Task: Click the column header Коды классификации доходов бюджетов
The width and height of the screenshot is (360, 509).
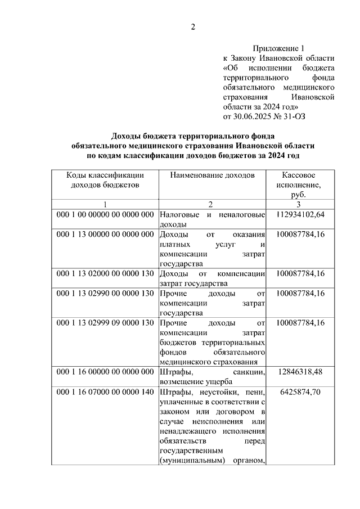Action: (x=105, y=180)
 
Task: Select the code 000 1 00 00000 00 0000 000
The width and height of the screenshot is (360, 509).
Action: (x=105, y=214)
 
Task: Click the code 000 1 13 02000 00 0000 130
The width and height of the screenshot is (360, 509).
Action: (x=105, y=274)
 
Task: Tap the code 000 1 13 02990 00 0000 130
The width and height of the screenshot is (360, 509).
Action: (x=105, y=293)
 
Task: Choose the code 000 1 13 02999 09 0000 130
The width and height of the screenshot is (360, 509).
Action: (x=105, y=323)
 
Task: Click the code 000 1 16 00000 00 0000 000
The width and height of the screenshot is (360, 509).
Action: (x=105, y=372)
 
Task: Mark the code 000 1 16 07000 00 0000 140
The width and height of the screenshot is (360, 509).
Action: (x=105, y=391)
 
